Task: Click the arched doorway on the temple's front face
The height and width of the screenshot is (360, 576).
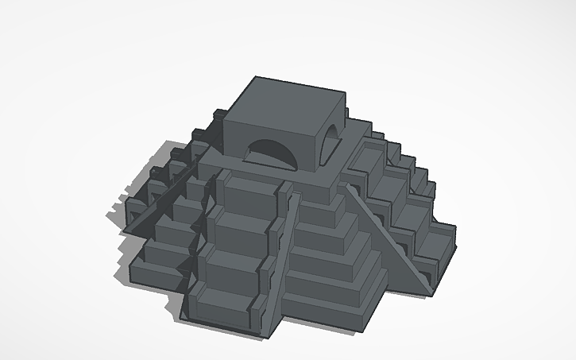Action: pyautogui.click(x=271, y=153)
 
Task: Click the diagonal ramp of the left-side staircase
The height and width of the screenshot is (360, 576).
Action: pyautogui.click(x=163, y=198)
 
